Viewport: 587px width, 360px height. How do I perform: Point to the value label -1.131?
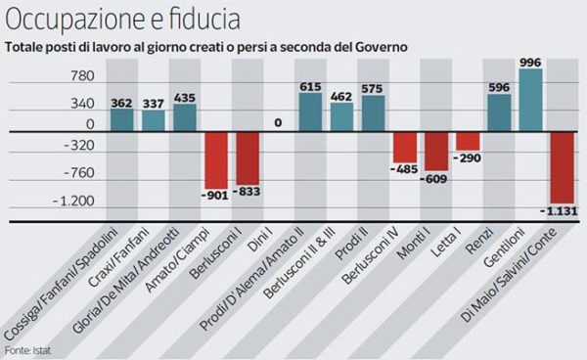click(x=559, y=208)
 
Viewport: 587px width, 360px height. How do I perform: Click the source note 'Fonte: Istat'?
click(x=26, y=350)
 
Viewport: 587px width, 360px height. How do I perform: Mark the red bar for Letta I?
click(x=468, y=141)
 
